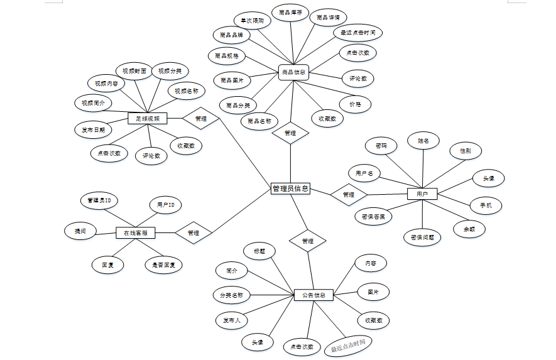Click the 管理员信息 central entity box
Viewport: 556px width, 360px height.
(290, 188)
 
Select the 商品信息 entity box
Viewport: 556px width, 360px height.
(293, 73)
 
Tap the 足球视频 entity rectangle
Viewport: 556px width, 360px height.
(147, 118)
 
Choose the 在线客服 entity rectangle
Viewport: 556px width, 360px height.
(136, 232)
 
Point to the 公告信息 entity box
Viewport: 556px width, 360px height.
(313, 294)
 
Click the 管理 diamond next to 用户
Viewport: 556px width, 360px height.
(348, 195)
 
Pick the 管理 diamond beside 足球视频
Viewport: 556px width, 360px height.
(200, 118)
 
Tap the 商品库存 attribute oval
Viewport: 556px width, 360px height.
(291, 13)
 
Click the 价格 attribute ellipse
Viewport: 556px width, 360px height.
(355, 104)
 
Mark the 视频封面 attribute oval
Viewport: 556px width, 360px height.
(134, 72)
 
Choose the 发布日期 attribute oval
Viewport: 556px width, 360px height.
(93, 130)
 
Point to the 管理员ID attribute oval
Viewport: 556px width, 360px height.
(99, 201)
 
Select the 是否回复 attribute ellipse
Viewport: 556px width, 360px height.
(163, 265)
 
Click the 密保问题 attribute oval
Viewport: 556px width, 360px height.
(422, 237)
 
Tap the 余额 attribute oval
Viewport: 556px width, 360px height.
(469, 229)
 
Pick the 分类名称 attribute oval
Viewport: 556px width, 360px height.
(231, 295)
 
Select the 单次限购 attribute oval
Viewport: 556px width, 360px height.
(252, 21)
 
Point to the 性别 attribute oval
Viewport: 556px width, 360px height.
(466, 151)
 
